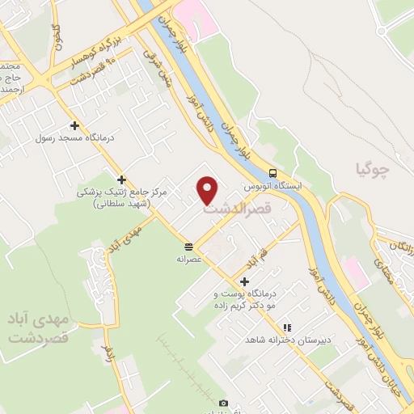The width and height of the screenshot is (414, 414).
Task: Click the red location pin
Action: [209, 189]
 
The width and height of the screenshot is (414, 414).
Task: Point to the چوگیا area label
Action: [372, 171]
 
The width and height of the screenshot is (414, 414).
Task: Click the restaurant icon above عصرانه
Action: [188, 246]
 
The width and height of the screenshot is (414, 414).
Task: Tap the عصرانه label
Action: [188, 260]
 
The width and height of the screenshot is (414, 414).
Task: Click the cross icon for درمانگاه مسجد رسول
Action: [74, 125]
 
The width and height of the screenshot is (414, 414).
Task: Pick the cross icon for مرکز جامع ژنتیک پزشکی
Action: [121, 180]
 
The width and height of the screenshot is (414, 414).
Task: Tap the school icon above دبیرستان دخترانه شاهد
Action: [285, 327]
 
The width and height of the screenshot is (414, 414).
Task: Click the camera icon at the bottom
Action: [224, 403]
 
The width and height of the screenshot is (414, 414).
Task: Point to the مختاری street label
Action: [386, 263]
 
